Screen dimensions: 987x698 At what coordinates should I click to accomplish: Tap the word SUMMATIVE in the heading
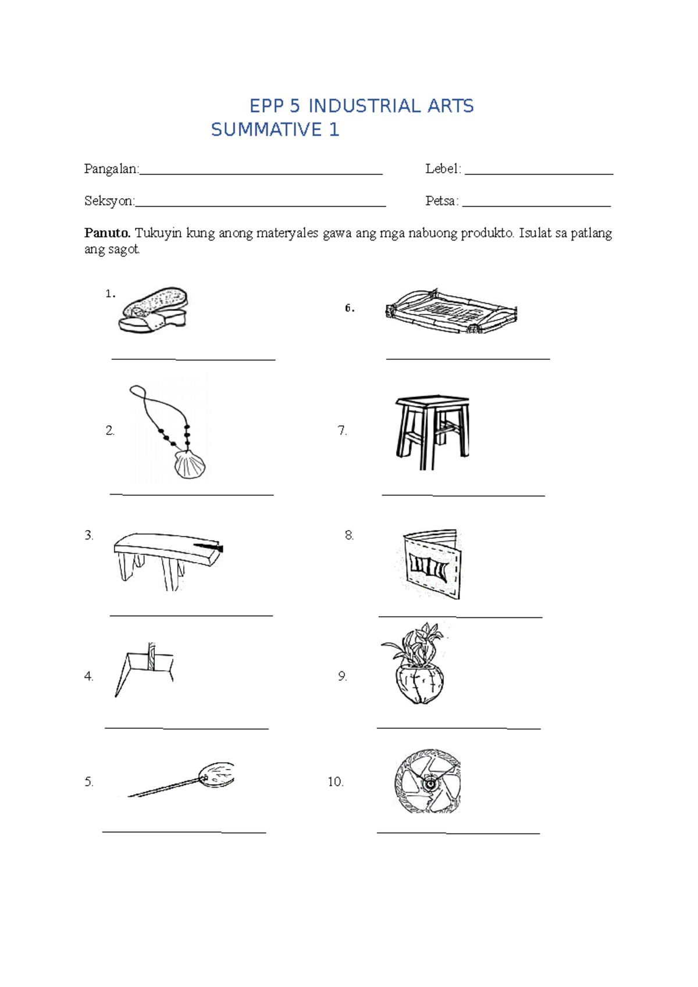(x=266, y=130)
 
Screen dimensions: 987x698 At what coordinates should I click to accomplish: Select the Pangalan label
(x=111, y=169)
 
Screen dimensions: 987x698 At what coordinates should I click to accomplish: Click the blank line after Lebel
(x=539, y=173)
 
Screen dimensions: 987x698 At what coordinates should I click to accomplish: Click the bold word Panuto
(x=107, y=233)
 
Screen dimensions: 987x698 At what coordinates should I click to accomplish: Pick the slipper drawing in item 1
(x=154, y=310)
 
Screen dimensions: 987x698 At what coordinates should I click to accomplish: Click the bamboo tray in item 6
(x=451, y=312)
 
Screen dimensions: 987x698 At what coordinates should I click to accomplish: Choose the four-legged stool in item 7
(x=432, y=431)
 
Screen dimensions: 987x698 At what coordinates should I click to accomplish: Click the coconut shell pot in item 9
(x=420, y=685)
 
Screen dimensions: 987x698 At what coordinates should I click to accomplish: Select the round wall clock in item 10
(x=428, y=781)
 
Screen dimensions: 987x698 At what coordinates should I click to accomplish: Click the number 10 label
(x=336, y=782)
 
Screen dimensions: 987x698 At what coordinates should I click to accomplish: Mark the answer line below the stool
(x=463, y=495)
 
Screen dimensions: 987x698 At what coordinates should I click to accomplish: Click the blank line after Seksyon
(x=260, y=206)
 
